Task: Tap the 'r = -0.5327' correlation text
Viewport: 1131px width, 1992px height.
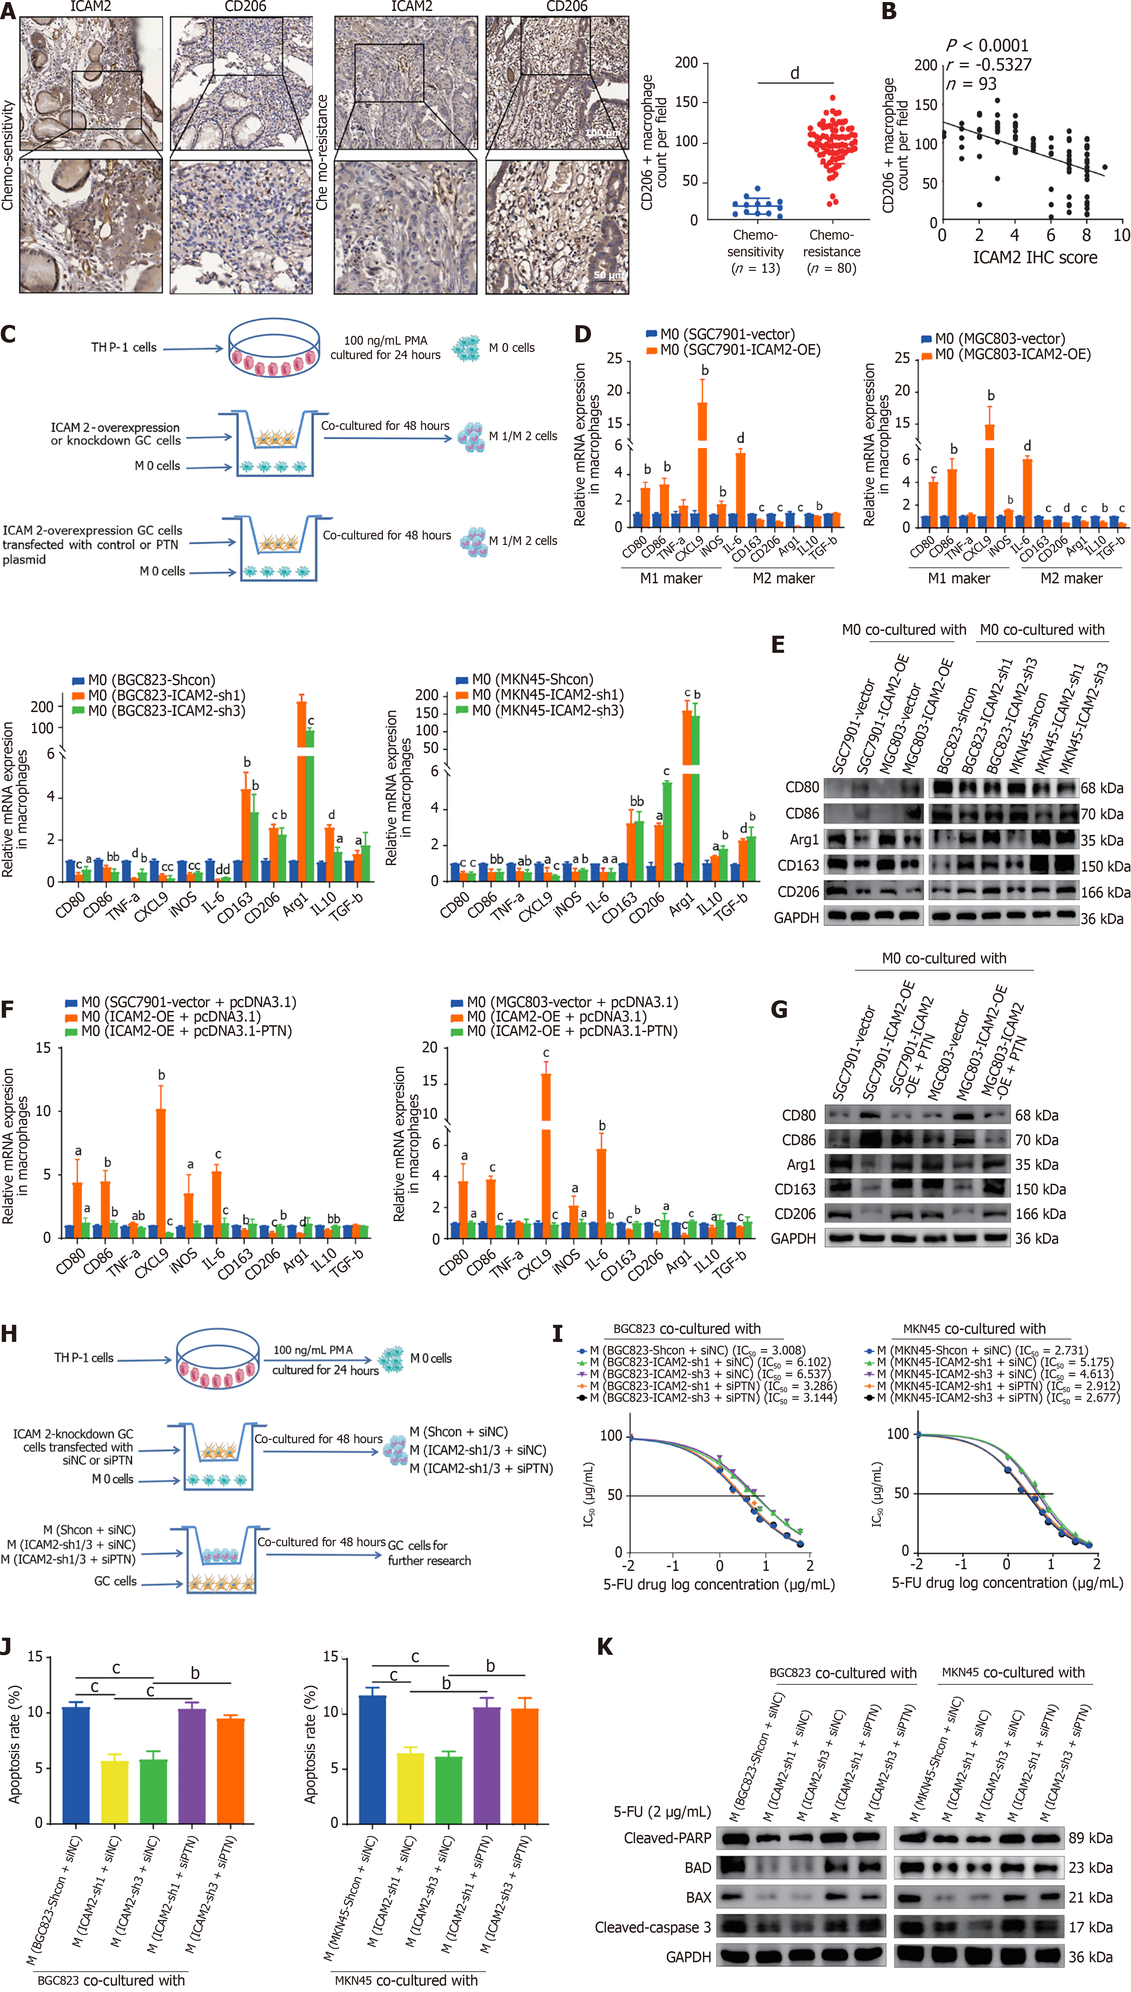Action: point(988,64)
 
